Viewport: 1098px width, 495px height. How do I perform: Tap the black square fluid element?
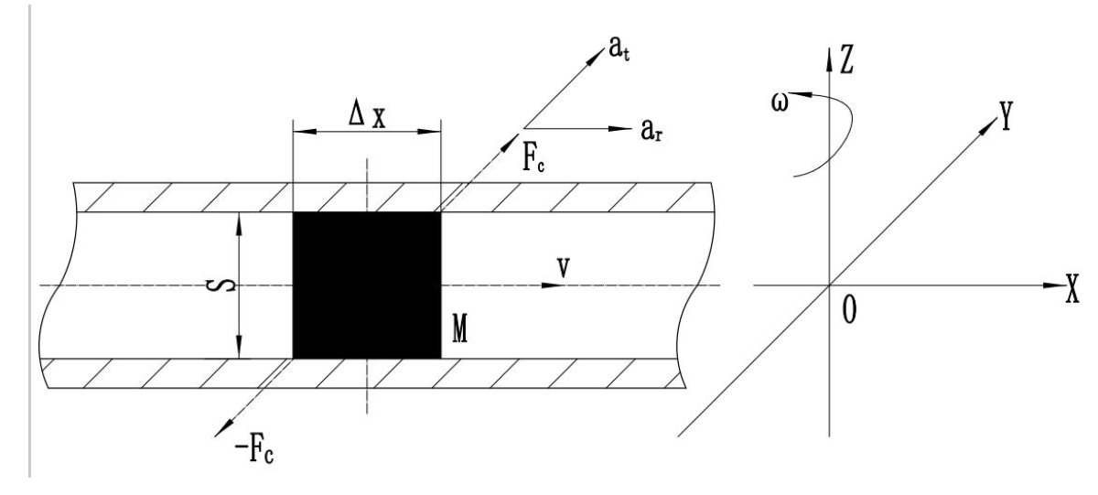pos(366,285)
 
